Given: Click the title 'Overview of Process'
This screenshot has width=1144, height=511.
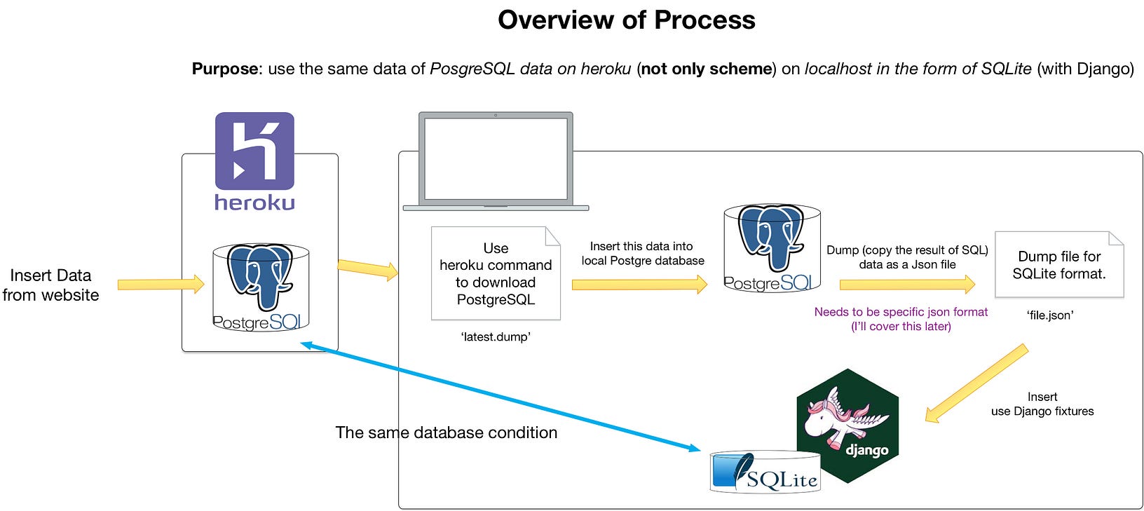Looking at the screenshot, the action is click(x=626, y=20).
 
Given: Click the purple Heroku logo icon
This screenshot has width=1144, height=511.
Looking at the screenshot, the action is click(x=254, y=151).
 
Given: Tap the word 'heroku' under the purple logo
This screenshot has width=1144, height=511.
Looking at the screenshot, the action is click(x=254, y=203).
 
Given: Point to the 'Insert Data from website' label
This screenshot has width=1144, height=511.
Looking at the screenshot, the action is click(x=50, y=285).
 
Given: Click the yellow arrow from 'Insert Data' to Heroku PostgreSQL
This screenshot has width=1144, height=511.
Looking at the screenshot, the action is click(x=161, y=284).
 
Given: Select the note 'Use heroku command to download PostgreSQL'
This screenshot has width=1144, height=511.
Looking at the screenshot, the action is click(x=496, y=273).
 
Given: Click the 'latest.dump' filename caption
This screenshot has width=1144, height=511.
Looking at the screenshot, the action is click(x=496, y=337).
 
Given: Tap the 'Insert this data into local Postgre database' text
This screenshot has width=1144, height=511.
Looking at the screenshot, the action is click(x=642, y=254).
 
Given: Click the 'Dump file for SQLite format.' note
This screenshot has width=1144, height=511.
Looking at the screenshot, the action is click(x=1058, y=265).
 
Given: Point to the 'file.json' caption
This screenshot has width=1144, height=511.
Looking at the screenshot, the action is click(x=1049, y=315).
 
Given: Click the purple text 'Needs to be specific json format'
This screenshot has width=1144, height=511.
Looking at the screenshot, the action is click(x=901, y=312).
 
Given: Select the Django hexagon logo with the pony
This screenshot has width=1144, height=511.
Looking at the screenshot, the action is click(x=848, y=425).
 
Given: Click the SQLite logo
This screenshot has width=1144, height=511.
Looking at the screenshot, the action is click(x=765, y=472).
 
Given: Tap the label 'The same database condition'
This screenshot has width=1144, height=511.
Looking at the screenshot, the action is click(x=446, y=432).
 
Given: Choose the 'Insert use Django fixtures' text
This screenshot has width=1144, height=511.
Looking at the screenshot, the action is click(x=1042, y=404).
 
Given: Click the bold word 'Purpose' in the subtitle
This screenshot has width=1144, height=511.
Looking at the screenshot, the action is click(x=225, y=69).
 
